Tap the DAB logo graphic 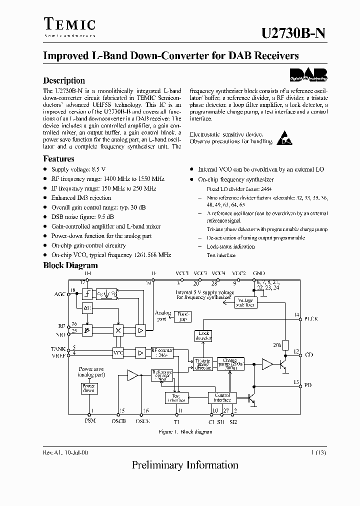pos(308,74)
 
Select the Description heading pos(64,80)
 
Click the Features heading pos(58,159)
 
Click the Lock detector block pos(204,336)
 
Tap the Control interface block pos(222,397)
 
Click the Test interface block pos(175,397)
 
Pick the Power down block pos(89,388)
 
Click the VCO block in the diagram pos(118,352)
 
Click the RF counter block pos(161,353)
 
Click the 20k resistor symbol pos(283,345)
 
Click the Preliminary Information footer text pos(185,465)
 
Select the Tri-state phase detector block pos(202,363)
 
